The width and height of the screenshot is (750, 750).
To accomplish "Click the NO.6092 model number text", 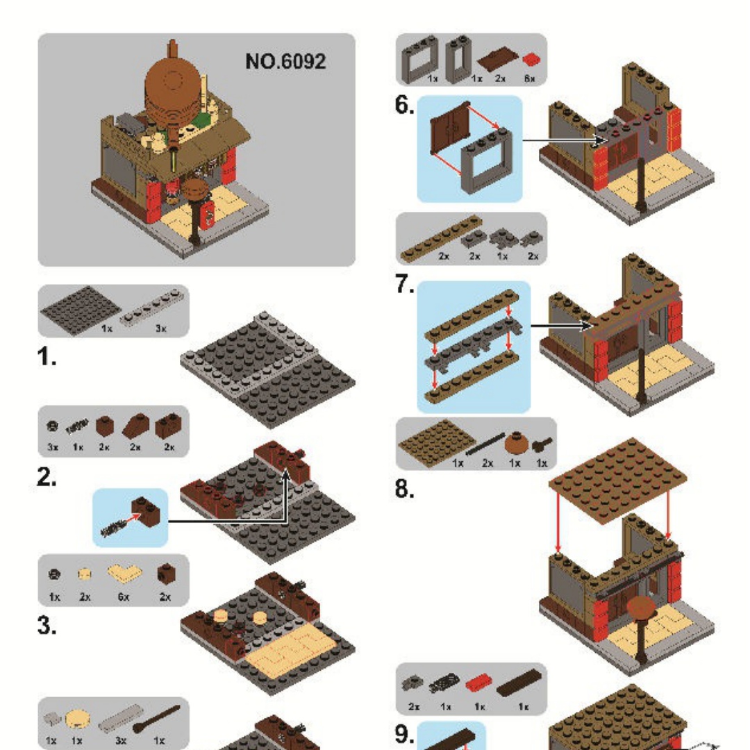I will tap(285, 61).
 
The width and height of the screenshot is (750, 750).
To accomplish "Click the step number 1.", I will tap(47, 358).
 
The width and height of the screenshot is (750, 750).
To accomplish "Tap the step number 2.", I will tap(48, 479).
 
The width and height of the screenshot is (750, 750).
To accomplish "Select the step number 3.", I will tap(48, 626).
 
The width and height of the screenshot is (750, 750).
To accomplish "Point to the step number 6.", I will tap(405, 106).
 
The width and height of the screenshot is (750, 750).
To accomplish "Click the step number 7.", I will tap(405, 285).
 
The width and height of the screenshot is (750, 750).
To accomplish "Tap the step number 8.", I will tap(405, 489).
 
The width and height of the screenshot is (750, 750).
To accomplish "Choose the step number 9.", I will tap(405, 735).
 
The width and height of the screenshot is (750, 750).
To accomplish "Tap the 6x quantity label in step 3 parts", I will tap(124, 597).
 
